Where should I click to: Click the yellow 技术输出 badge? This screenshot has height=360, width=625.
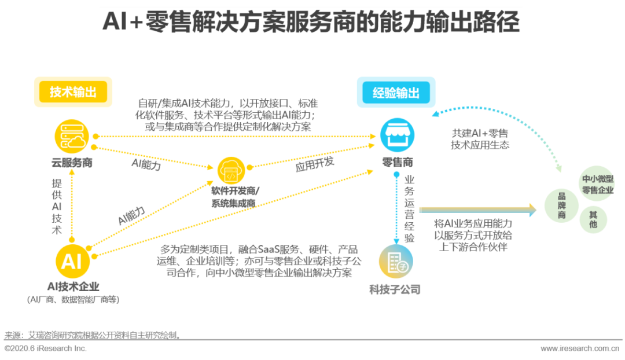tap(73, 92)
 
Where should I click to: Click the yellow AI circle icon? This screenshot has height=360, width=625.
tap(72, 261)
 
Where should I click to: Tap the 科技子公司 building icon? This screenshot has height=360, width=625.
tap(396, 262)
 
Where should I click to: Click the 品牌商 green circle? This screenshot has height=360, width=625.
tap(561, 205)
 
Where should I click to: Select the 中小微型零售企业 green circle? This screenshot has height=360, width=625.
tap(597, 184)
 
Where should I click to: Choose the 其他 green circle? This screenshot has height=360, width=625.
tap(593, 219)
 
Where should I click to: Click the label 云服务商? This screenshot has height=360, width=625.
tap(71, 163)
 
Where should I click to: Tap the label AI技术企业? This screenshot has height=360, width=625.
tap(73, 286)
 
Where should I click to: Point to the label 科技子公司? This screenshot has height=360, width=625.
tap(395, 289)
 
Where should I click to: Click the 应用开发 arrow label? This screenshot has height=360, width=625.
tap(315, 165)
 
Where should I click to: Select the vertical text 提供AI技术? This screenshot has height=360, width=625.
tap(57, 206)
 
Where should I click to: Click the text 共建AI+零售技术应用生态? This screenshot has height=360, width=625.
tap(480, 139)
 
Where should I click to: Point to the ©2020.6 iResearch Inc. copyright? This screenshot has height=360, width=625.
tap(46, 348)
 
